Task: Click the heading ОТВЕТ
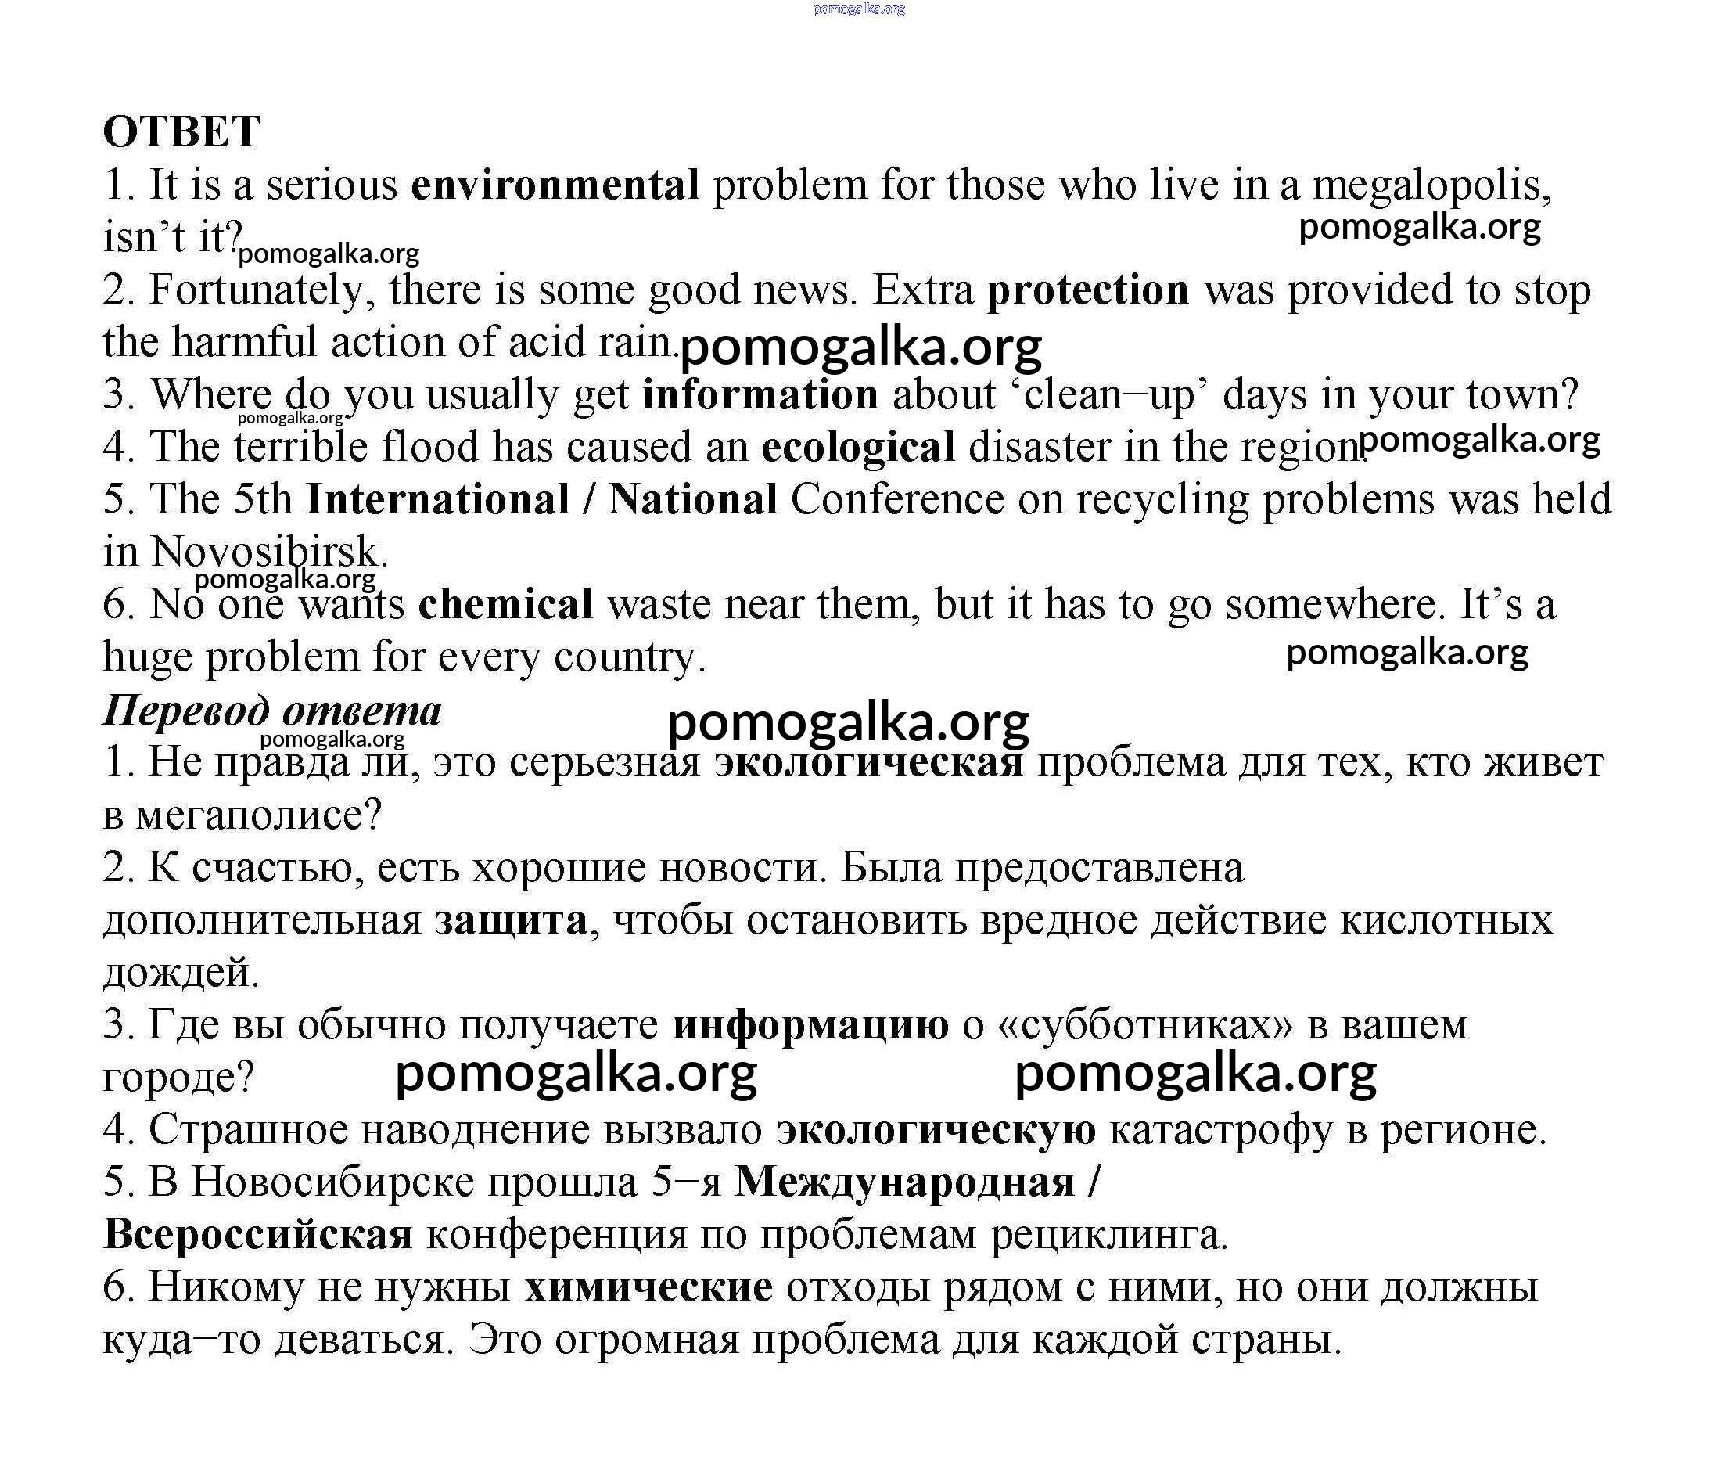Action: (181, 131)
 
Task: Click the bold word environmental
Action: (555, 185)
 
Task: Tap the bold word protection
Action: (1088, 290)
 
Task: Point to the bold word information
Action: (760, 394)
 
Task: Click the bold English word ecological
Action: (857, 448)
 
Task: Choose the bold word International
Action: (437, 500)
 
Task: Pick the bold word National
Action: (693, 500)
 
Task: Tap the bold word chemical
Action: (505, 604)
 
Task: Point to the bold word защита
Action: (512, 921)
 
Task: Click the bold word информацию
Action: (810, 1025)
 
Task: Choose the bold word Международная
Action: (905, 1182)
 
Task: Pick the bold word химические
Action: (648, 1287)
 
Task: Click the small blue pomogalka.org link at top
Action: (859, 9)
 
